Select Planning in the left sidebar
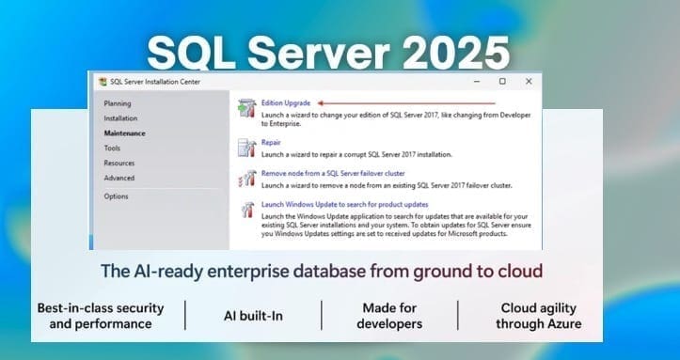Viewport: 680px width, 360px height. (x=118, y=103)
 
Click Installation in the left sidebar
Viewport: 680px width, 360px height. (x=120, y=118)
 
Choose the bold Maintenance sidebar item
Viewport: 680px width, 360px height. (x=124, y=133)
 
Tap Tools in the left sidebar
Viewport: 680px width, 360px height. (x=112, y=149)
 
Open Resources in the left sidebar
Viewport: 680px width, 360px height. (x=119, y=163)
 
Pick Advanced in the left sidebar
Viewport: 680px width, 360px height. (x=119, y=178)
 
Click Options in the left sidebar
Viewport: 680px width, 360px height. (x=117, y=196)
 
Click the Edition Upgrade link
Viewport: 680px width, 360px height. (x=285, y=102)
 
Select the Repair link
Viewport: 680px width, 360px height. (x=271, y=143)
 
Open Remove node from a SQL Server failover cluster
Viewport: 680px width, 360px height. (x=333, y=174)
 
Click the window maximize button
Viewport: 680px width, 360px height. (x=502, y=82)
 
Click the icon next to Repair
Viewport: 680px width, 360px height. (x=245, y=148)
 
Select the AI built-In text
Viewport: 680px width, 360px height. (x=253, y=316)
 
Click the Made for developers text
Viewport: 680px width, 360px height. (x=389, y=316)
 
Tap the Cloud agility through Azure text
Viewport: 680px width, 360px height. (x=540, y=316)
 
